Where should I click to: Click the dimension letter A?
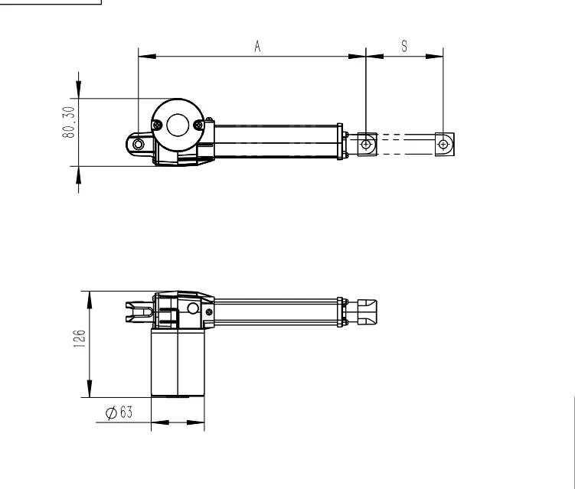[258, 47]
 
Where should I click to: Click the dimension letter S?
[403, 46]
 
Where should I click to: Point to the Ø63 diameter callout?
[119, 412]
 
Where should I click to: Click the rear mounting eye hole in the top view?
[138, 144]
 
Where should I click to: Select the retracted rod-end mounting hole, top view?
[367, 144]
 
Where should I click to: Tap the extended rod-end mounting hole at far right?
[443, 144]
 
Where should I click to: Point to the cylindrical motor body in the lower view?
[178, 363]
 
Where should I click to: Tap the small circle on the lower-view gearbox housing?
[192, 308]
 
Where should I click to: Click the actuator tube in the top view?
[276, 142]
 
